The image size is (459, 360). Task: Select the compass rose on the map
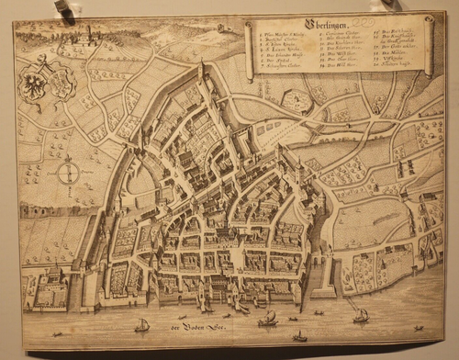[x=66, y=172]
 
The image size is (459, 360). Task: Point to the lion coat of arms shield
[x=62, y=84]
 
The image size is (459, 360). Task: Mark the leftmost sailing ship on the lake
[x=142, y=325]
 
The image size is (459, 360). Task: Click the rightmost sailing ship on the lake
[x=361, y=316]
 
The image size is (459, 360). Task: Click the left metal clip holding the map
[x=62, y=10]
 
